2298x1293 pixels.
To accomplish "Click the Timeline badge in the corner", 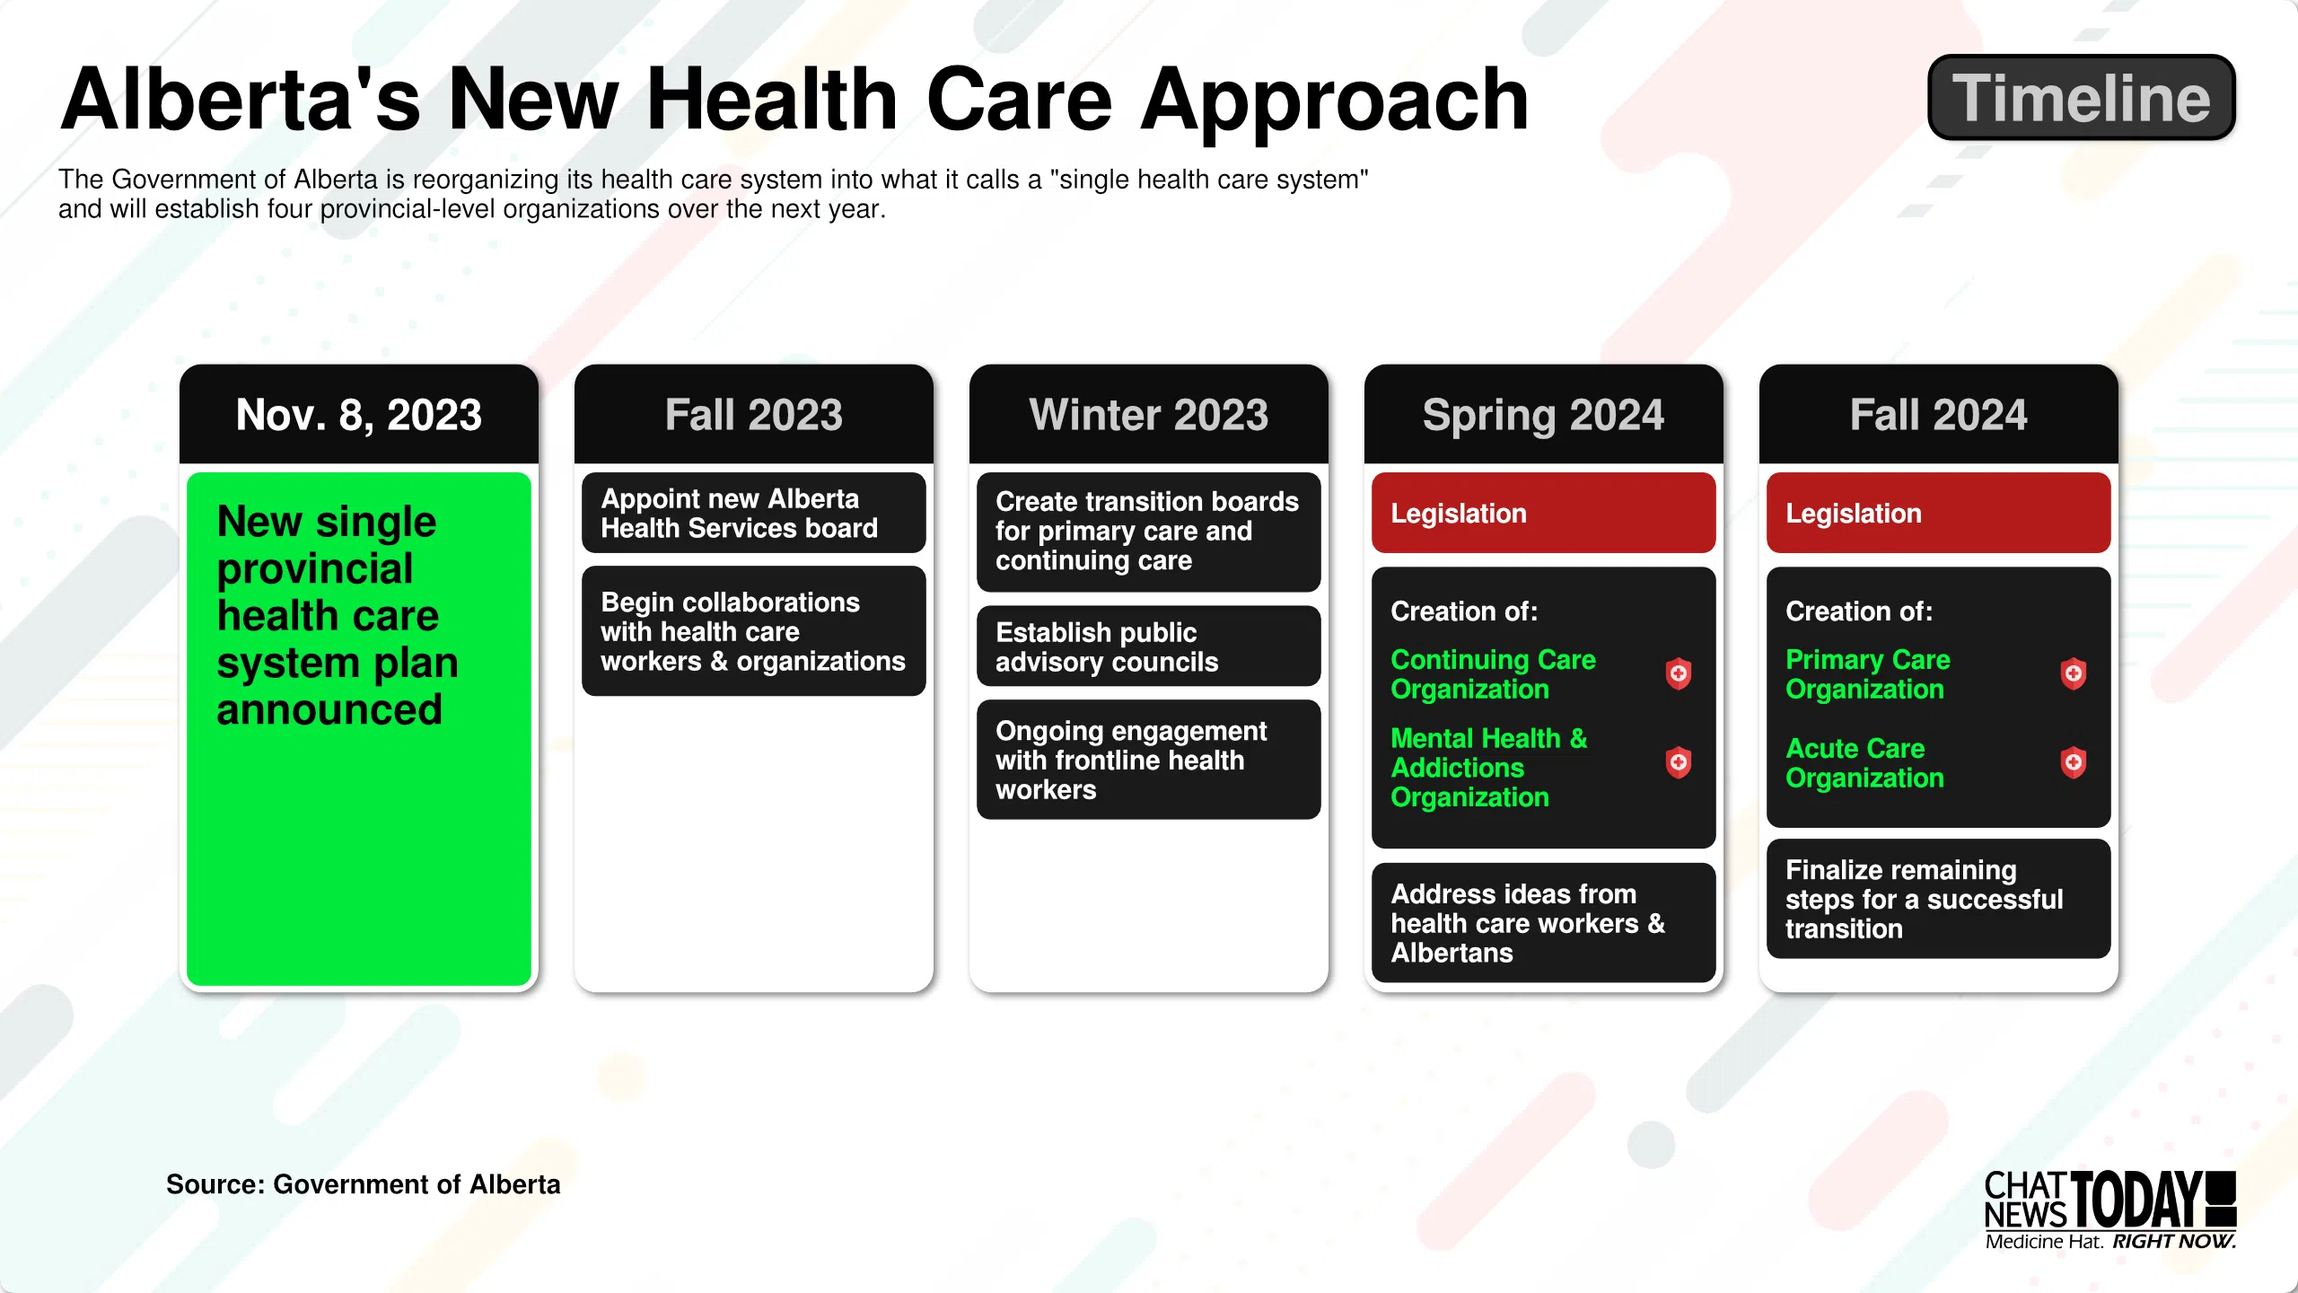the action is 2082,97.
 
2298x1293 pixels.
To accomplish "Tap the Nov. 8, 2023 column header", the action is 359,414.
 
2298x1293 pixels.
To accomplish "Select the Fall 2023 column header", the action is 754,414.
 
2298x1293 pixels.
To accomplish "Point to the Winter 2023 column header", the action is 1149,414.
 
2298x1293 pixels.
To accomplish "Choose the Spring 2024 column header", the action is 1544,414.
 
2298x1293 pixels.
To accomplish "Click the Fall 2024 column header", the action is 1939,414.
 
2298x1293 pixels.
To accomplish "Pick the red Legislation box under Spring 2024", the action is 1544,513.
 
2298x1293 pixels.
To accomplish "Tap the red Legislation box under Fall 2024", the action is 1939,513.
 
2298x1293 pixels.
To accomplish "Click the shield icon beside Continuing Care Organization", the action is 1679,673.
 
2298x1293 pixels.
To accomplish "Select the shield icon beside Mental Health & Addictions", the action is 1679,762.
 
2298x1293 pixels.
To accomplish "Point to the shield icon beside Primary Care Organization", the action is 2074,673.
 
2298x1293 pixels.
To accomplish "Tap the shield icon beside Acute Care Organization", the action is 2074,762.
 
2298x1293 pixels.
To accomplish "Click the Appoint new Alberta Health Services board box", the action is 754,513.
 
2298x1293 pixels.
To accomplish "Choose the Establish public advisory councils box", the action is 1149,646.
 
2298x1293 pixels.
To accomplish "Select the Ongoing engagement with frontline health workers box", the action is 1149,760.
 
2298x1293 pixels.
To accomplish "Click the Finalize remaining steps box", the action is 1939,899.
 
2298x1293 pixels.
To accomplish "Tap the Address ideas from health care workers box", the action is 1544,923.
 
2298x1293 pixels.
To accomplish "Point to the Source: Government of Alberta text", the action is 364,1184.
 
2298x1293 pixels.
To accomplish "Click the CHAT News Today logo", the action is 2110,1210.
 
